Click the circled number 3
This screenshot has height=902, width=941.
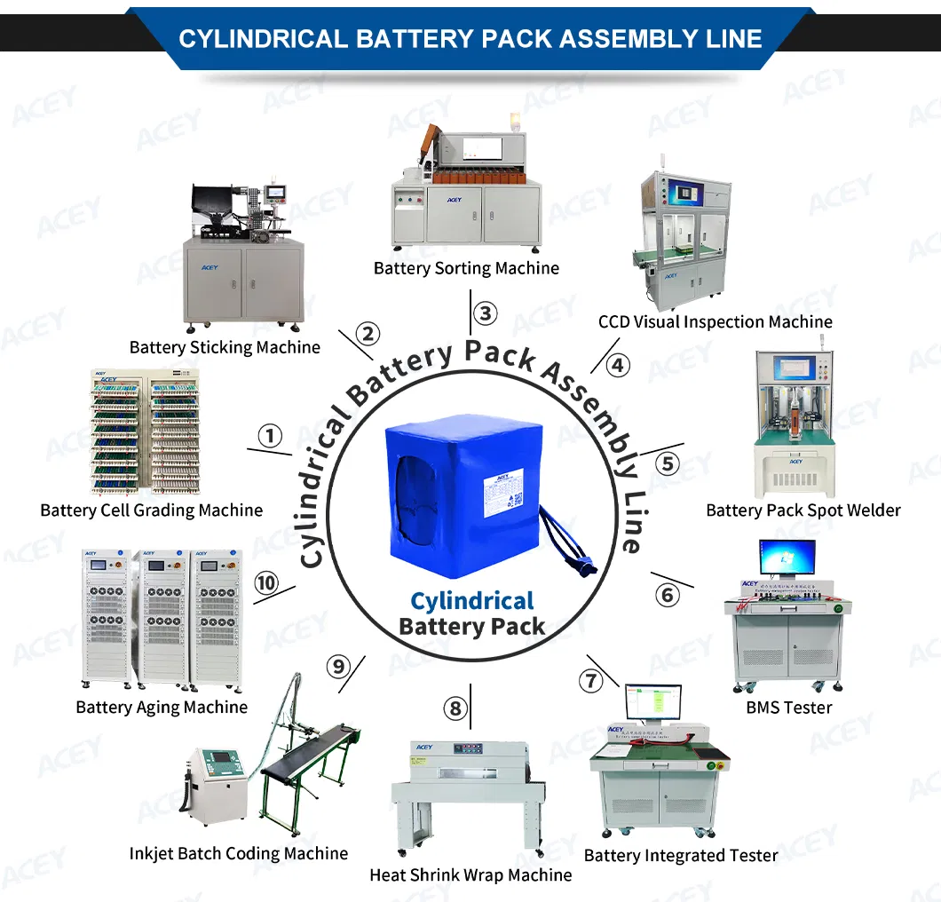pyautogui.click(x=484, y=313)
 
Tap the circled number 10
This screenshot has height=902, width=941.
pyautogui.click(x=265, y=583)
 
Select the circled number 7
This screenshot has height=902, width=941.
pyautogui.click(x=590, y=681)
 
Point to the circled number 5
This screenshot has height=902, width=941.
pyautogui.click(x=667, y=463)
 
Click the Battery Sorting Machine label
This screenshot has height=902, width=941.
pyautogui.click(x=466, y=268)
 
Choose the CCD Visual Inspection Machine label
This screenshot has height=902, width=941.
pyautogui.click(x=715, y=321)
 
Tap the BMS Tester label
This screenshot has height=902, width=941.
pyautogui.click(x=788, y=708)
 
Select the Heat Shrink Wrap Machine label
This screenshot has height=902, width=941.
pyautogui.click(x=470, y=874)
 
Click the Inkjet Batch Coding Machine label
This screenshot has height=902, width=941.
pyautogui.click(x=238, y=853)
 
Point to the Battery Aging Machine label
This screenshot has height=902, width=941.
pyautogui.click(x=162, y=708)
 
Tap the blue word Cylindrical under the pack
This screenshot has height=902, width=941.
pyautogui.click(x=471, y=601)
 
